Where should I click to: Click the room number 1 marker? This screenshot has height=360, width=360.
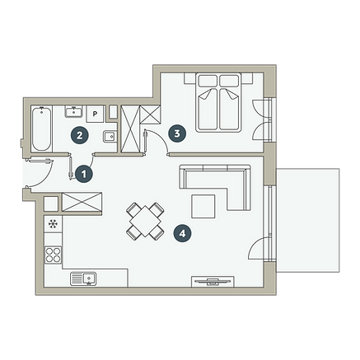coord(84,174)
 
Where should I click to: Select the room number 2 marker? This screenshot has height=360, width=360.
coord(79,135)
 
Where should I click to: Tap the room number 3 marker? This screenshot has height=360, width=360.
coord(177,133)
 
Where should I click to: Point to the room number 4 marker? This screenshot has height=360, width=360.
coord(182,234)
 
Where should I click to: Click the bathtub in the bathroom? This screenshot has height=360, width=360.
coord(41,129)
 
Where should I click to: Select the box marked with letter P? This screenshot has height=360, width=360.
coord(96,114)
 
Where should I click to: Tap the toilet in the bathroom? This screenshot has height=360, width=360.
coord(110,136)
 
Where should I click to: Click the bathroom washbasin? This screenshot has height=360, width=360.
coord(73,112)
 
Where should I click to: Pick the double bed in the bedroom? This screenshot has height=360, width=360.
coord(218,102)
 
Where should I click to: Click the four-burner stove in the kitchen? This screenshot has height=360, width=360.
coord(54,255)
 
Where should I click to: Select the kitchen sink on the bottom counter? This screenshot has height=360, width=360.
coord(83,278)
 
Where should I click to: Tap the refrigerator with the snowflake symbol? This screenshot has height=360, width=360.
coord(54,224)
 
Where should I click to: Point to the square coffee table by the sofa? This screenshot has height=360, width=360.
coord(203,206)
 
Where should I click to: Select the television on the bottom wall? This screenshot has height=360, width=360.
coord(213,282)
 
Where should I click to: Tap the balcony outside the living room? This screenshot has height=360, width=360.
coord(307,221)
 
